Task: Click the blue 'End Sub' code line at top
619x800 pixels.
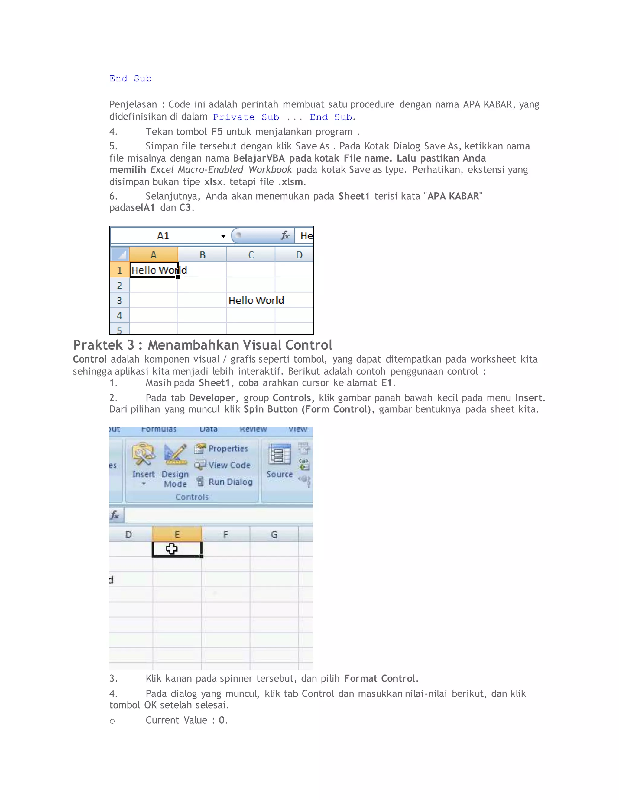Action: (130, 78)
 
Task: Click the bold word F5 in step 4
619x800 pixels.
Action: (217, 132)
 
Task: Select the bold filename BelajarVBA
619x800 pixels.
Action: (259, 158)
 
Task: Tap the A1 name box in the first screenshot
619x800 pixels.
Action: (163, 236)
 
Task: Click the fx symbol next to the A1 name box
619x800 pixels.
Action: (285, 235)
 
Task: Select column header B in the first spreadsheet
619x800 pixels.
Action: (203, 255)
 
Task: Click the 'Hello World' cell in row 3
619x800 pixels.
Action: (256, 300)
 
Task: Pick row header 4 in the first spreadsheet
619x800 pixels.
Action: (119, 315)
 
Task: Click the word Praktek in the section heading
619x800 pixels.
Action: (98, 345)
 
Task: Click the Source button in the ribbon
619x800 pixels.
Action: (280, 462)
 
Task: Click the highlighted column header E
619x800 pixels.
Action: (177, 534)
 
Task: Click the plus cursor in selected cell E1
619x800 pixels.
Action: (171, 548)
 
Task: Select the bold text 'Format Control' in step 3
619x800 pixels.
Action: (380, 678)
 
